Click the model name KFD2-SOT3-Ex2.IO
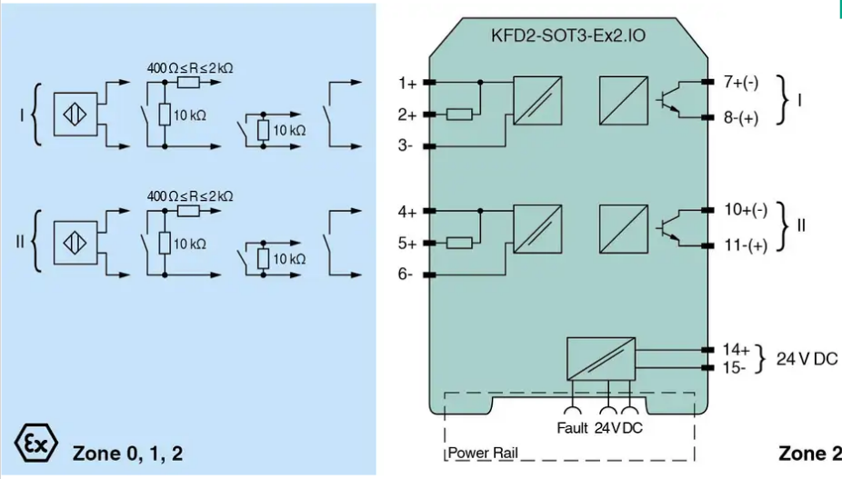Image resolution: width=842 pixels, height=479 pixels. tap(567, 35)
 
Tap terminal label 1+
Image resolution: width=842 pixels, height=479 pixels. tap(407, 84)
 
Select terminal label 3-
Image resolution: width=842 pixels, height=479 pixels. tap(406, 145)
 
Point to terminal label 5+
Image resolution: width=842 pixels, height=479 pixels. tap(407, 244)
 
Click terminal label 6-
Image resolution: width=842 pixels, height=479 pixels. tap(406, 274)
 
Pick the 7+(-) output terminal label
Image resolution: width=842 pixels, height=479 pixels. tap(741, 82)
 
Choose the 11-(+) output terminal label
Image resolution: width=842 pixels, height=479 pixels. tap(746, 245)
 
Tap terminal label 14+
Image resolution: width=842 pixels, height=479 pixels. tap(736, 350)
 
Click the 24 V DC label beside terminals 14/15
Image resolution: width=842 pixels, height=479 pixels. tap(807, 359)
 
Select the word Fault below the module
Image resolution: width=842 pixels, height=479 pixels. tap(573, 428)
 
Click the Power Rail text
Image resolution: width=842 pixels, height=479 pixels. tap(483, 453)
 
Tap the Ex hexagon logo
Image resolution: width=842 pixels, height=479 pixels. tap(35, 443)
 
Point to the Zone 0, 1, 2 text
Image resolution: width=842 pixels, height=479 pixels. tap(128, 454)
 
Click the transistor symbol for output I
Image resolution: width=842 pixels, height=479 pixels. tap(668, 100)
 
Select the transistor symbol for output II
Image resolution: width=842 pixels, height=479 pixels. tap(668, 228)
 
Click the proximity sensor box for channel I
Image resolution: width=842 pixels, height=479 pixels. tap(75, 115)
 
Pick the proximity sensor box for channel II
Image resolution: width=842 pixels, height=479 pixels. tap(75, 243)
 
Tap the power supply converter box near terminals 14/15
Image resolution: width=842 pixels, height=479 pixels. tap(601, 359)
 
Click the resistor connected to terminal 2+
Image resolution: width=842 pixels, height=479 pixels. tap(459, 115)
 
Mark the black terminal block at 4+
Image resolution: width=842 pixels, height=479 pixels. tap(429, 211)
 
